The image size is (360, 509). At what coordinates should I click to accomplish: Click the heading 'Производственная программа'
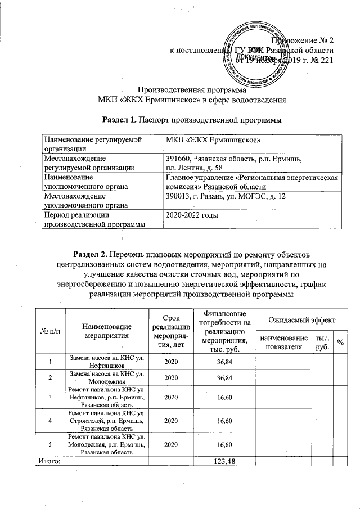pyautogui.click(x=192, y=90)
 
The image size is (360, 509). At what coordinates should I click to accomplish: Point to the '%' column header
pyautogui.click(x=340, y=341)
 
